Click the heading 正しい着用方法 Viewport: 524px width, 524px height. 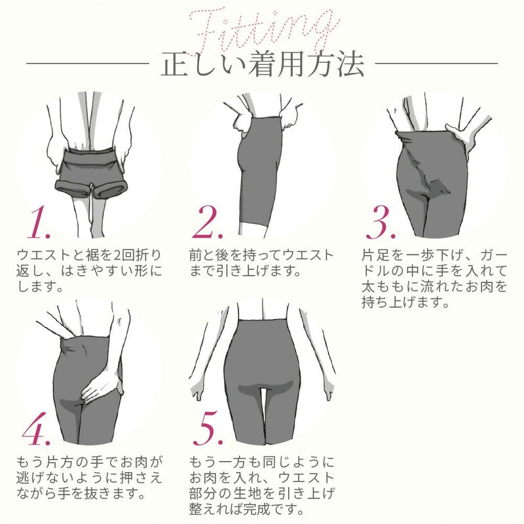pyautogui.click(x=262, y=65)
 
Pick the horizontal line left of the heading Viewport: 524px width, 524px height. pyautogui.click(x=88, y=64)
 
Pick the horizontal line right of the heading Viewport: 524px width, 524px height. pyautogui.click(x=436, y=64)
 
